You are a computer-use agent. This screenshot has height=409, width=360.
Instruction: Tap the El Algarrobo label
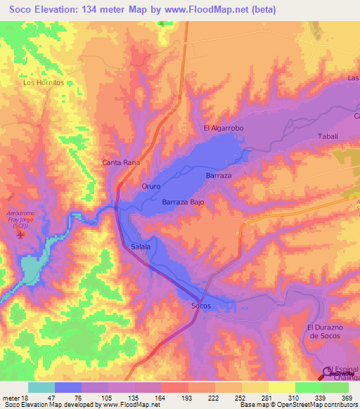point(223,129)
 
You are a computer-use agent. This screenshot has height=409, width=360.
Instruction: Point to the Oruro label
point(151,187)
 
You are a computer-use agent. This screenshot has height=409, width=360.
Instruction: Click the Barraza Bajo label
point(183,202)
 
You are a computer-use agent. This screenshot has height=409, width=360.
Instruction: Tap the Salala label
point(141,246)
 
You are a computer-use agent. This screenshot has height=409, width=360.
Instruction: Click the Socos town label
point(201,306)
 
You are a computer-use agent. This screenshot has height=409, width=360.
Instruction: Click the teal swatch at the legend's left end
point(41,387)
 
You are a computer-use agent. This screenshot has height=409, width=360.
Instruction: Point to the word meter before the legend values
point(10,397)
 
